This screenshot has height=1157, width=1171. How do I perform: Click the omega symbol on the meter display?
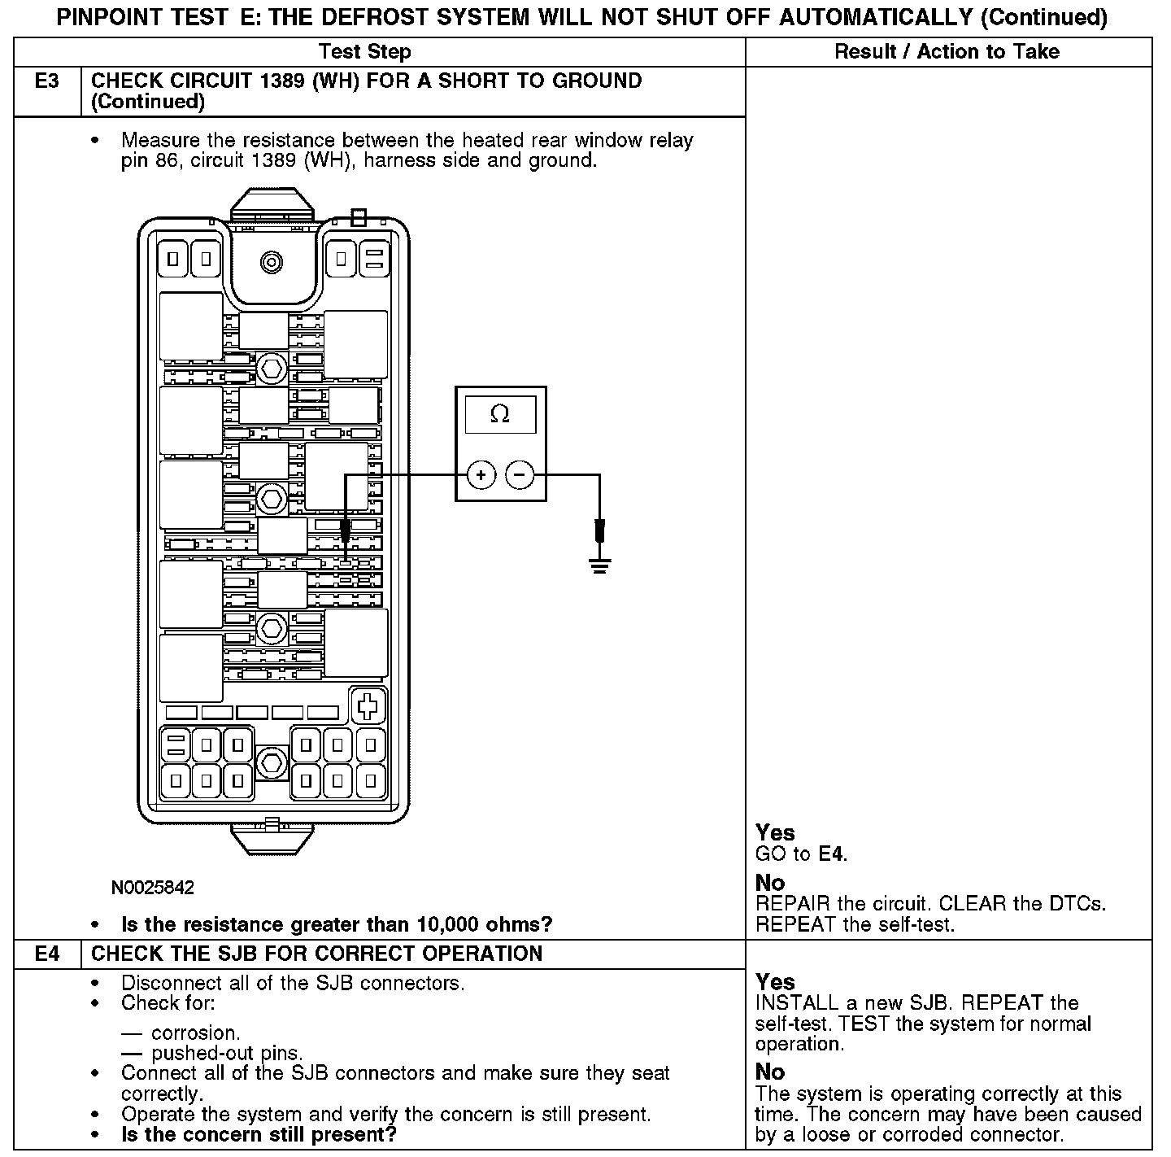(500, 415)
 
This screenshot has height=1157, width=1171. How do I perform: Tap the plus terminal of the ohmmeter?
(481, 474)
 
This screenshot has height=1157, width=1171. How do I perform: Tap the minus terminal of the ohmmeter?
(520, 474)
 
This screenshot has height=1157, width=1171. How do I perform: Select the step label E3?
(47, 81)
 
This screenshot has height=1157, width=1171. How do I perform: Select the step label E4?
(47, 954)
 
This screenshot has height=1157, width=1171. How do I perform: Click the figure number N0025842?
(153, 888)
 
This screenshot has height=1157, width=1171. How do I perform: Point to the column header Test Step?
(365, 52)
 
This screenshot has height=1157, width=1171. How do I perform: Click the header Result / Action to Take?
(947, 52)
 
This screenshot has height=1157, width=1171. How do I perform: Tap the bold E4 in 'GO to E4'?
(832, 854)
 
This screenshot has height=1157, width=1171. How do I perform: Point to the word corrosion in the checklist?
(194, 1033)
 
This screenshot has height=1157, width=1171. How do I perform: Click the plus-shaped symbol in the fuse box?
(368, 705)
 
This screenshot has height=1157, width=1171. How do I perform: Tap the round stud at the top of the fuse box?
(271, 262)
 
